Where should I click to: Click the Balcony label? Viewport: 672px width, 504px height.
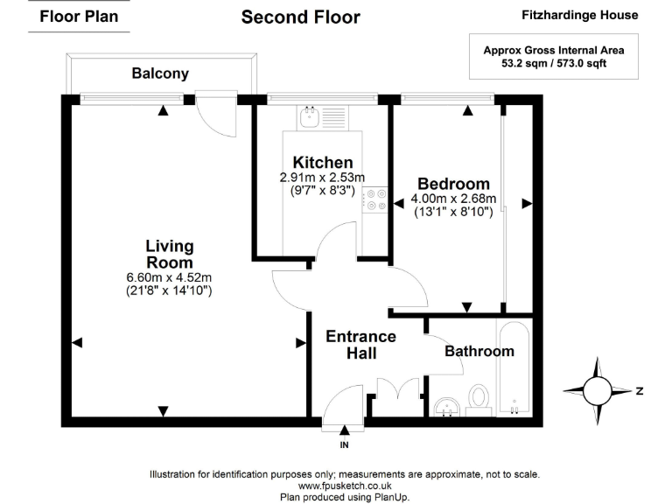[x=160, y=73]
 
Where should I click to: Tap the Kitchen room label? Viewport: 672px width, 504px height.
[x=323, y=162]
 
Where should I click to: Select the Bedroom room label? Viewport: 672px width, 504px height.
[x=452, y=184]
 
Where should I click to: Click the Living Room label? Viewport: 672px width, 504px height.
[x=169, y=254]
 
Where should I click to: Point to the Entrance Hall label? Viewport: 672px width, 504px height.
[x=360, y=345]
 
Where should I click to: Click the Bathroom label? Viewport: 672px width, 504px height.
[x=479, y=351]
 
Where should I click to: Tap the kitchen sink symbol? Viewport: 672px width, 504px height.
[x=308, y=115]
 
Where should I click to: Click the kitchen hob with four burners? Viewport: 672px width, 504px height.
[x=377, y=200]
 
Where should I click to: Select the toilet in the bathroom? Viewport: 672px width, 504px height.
[x=478, y=397]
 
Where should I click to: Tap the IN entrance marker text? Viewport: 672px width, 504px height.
[x=344, y=445]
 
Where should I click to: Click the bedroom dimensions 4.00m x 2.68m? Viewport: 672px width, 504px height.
[x=452, y=205]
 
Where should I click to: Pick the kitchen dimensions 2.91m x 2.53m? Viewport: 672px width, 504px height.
[x=323, y=183]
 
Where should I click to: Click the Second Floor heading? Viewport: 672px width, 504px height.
[x=300, y=17]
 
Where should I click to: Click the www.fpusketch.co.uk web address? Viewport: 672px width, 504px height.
[x=345, y=485]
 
